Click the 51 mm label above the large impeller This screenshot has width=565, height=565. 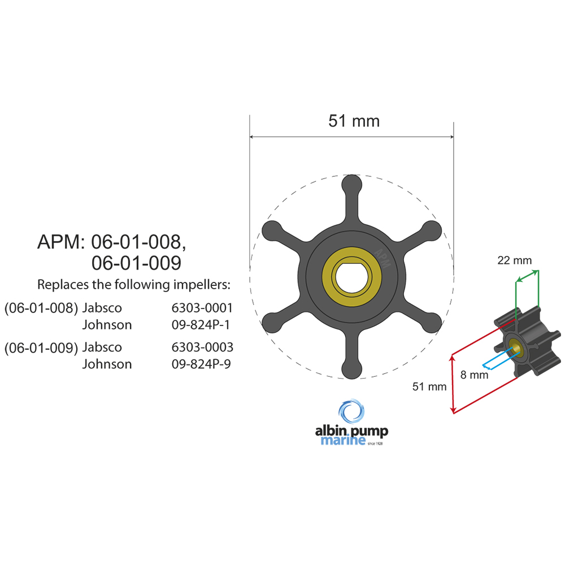(354, 121)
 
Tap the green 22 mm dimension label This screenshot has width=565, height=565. (514, 260)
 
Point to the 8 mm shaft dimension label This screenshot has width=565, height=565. (473, 374)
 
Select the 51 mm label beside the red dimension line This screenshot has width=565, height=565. (429, 387)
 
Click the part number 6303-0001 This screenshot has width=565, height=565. (202, 308)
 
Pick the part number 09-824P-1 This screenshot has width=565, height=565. (202, 325)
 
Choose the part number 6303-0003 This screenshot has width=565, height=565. (202, 347)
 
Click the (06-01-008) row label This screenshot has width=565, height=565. (41, 308)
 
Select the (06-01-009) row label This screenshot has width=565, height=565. (41, 347)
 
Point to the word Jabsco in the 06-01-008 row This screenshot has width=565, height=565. (102, 308)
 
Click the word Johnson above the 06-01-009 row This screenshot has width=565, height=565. (107, 325)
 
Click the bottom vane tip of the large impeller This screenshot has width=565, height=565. (351, 368)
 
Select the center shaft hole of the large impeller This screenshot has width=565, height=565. (351, 276)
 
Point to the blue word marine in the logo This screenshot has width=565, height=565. (343, 441)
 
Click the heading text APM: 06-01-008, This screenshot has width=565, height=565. (111, 242)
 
